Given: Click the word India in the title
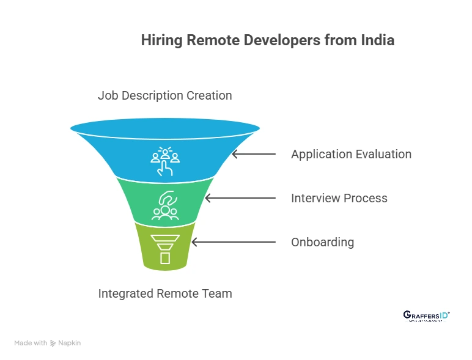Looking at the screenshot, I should [377, 41].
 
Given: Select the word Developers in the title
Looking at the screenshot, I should [279, 41].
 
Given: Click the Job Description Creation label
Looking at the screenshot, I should [165, 95].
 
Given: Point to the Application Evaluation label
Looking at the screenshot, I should [351, 154].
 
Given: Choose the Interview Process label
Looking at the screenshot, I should [339, 198].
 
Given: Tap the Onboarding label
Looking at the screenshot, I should [322, 242].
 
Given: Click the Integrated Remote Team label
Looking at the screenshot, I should [165, 293].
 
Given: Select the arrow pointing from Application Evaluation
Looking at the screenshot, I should [253, 154].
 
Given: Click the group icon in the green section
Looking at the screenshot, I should [165, 206].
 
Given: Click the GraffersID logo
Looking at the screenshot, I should [426, 315].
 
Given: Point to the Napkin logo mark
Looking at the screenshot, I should [53, 343].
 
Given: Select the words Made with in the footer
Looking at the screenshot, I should [31, 343].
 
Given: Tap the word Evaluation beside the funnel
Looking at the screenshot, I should [383, 154].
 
